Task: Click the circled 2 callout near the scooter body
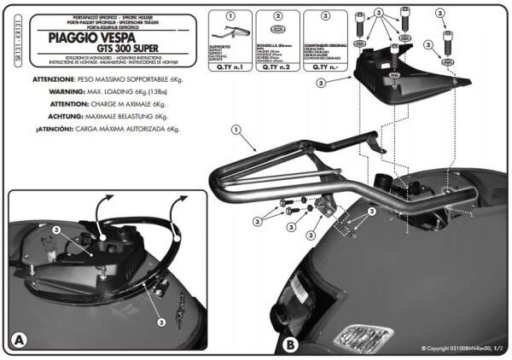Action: [x=372, y=210]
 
